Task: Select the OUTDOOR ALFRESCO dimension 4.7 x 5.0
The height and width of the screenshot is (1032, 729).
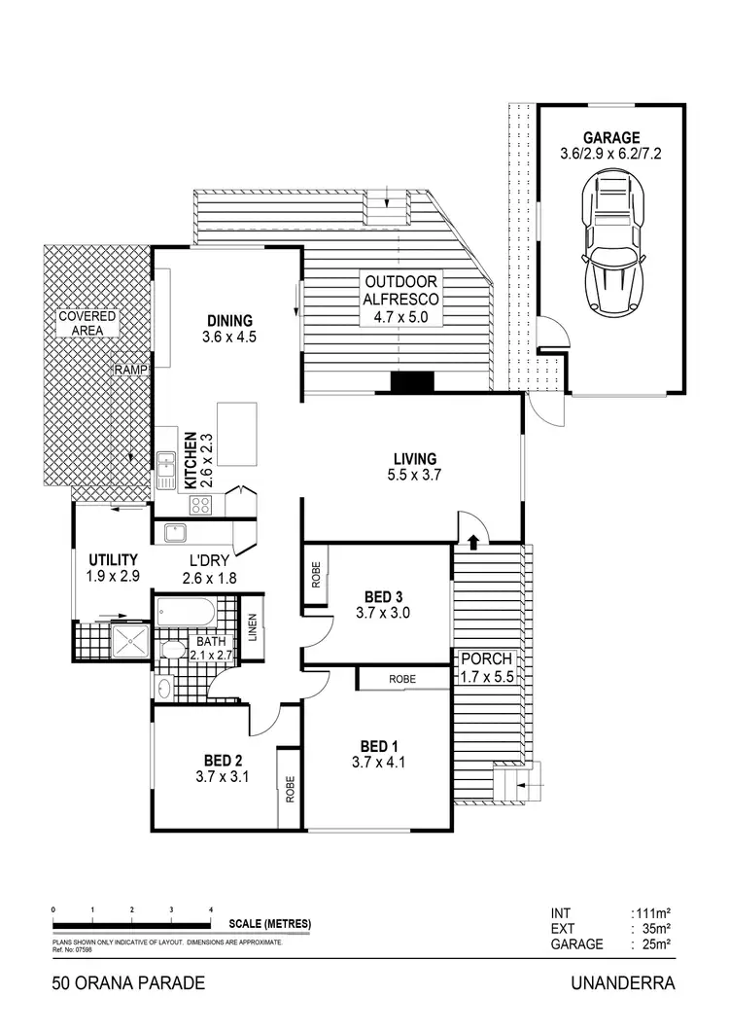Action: (402, 316)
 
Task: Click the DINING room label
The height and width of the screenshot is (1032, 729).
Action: (229, 320)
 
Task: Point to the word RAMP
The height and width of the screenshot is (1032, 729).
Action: (129, 371)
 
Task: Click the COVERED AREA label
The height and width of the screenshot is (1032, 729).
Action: (87, 323)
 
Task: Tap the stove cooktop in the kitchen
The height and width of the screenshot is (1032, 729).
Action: (201, 504)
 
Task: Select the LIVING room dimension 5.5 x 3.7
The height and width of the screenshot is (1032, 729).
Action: (415, 476)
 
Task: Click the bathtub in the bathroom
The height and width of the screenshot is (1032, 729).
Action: (183, 613)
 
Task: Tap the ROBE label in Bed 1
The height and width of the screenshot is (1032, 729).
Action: (403, 678)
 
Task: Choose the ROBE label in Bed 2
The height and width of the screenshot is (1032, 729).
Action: (289, 786)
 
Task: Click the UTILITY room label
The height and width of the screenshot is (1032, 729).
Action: (113, 560)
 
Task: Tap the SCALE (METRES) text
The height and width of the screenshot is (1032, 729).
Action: (271, 923)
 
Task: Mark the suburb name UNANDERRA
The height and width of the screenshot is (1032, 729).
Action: (624, 983)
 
